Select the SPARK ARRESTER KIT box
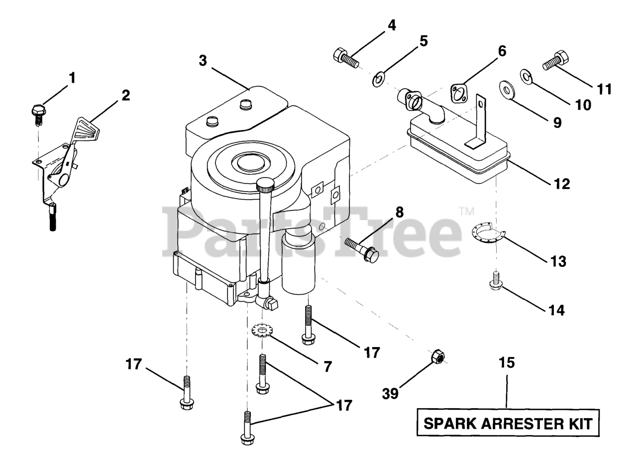(508, 423)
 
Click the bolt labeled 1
(39, 112)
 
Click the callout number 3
(203, 61)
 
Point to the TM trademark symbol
(466, 212)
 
